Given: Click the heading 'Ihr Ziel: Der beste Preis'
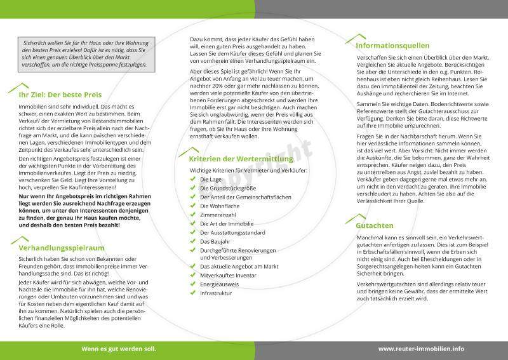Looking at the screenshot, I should pyautogui.click(x=60, y=93).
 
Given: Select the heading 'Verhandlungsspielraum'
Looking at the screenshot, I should pyautogui.click(x=62, y=248).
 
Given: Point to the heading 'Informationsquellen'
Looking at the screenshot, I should pyautogui.click(x=392, y=46).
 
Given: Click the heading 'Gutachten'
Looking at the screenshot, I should pyautogui.click(x=374, y=225).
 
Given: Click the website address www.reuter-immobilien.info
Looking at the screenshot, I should pyautogui.click(x=421, y=349).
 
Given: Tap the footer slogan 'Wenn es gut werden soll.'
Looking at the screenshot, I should pyautogui.click(x=118, y=349).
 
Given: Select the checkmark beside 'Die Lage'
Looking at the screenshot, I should pyautogui.click(x=193, y=180).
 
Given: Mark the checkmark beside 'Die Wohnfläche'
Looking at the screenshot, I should pyautogui.click(x=193, y=206).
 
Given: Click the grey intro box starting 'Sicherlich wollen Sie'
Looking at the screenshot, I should pyautogui.click(x=84, y=52).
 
